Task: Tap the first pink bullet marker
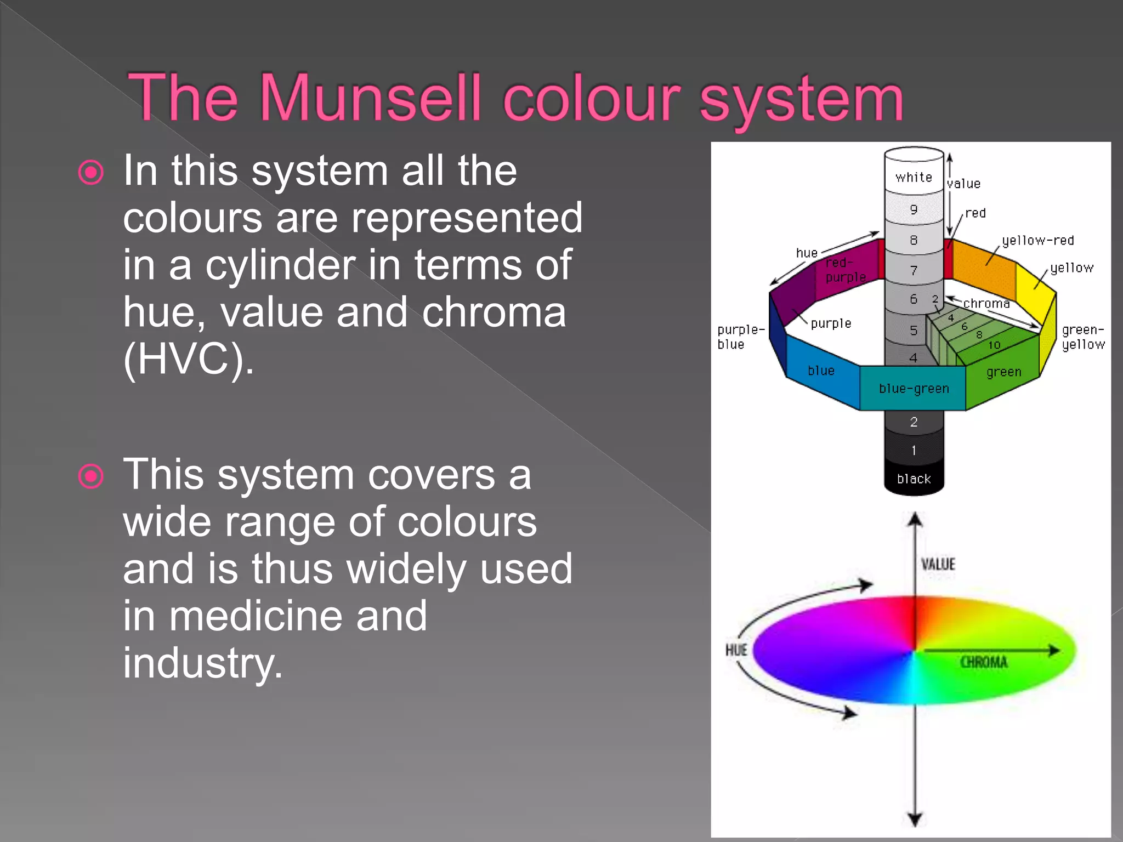[x=91, y=173]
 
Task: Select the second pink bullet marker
[x=91, y=476]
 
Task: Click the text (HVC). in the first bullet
[x=189, y=360]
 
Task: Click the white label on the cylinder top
[x=914, y=177]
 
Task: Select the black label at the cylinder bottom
[x=914, y=479]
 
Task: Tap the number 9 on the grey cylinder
[x=914, y=209]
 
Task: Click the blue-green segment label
[x=914, y=389]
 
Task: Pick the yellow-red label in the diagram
[x=1037, y=241]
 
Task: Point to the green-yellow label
[x=1083, y=337]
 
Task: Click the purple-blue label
[x=740, y=337]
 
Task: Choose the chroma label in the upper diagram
[x=986, y=304]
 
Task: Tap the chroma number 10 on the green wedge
[x=994, y=345]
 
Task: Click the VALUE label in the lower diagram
[x=938, y=564]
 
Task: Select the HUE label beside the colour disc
[x=736, y=650]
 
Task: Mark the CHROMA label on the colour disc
[x=984, y=662]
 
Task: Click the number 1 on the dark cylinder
[x=914, y=451]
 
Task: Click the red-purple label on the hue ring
[x=845, y=270]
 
